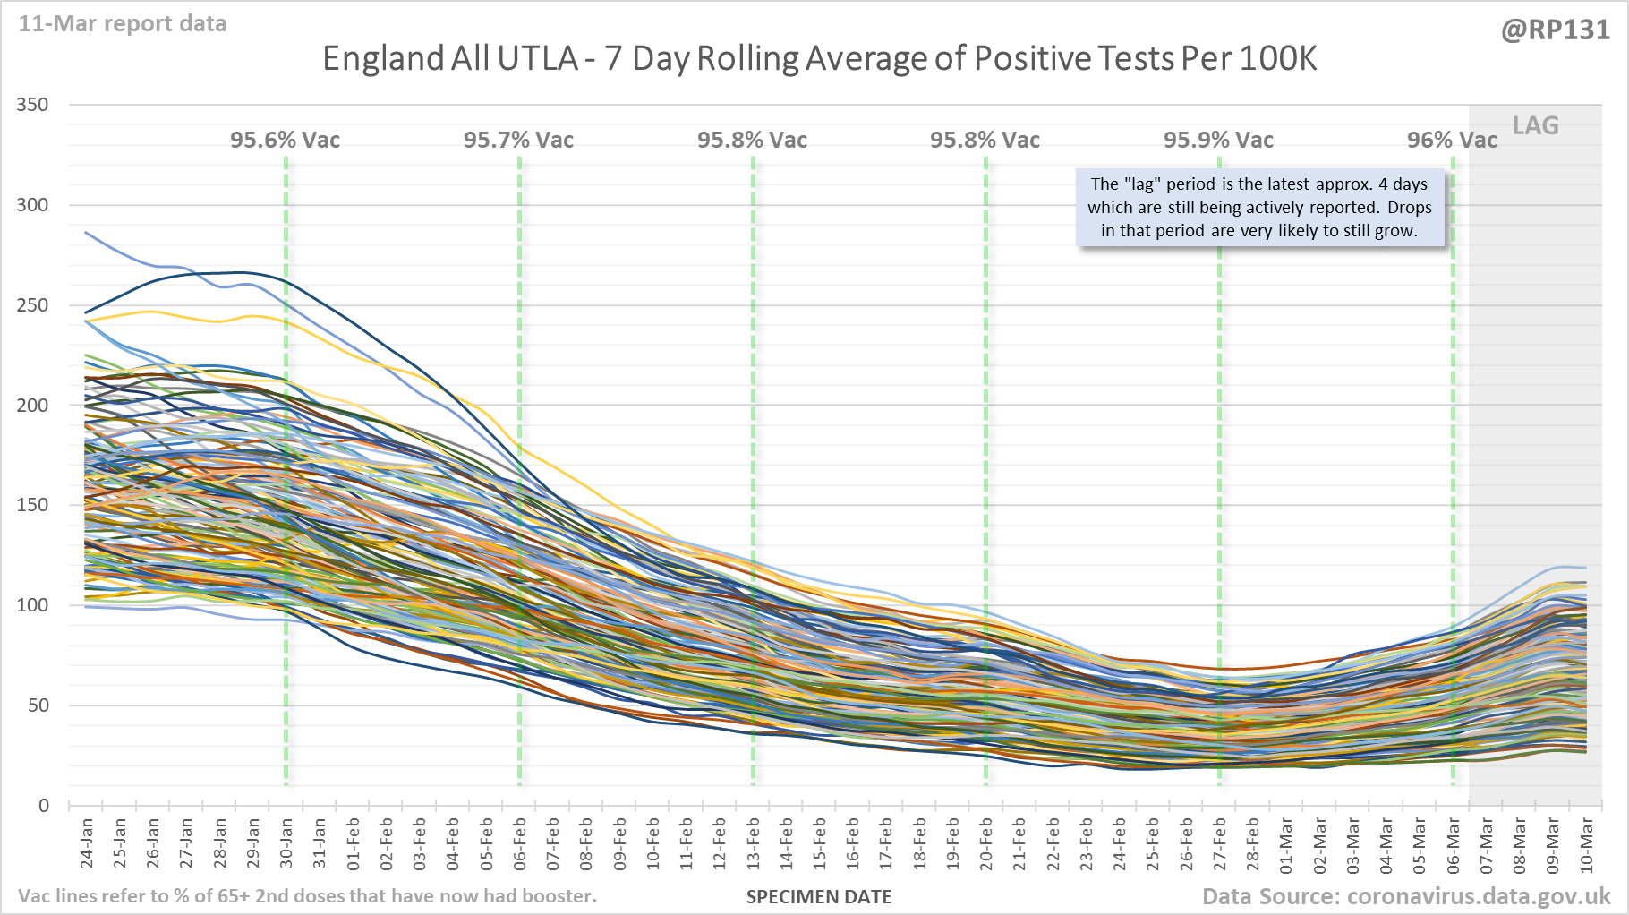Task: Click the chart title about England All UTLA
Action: tap(819, 59)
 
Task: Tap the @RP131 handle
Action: tap(1555, 30)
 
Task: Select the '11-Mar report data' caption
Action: tap(123, 23)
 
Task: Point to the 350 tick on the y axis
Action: tap(33, 105)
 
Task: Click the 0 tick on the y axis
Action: tap(44, 805)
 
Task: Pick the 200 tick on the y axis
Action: tap(33, 405)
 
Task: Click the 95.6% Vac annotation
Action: tap(285, 140)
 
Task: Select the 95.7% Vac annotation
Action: tap(518, 140)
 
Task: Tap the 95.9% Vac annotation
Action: tap(1218, 140)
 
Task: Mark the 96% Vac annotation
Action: tap(1451, 140)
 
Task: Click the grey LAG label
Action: tap(1535, 125)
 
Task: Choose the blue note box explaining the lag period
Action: tap(1259, 208)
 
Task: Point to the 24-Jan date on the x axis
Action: tap(87, 843)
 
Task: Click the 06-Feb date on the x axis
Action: tap(520, 843)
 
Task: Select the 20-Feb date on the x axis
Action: tap(986, 843)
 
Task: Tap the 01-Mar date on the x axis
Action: tap(1286, 843)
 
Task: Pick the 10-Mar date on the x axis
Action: tap(1586, 843)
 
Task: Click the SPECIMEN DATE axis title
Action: tap(819, 897)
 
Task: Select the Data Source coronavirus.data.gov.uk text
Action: tap(1405, 896)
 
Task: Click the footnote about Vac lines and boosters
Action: tap(307, 896)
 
